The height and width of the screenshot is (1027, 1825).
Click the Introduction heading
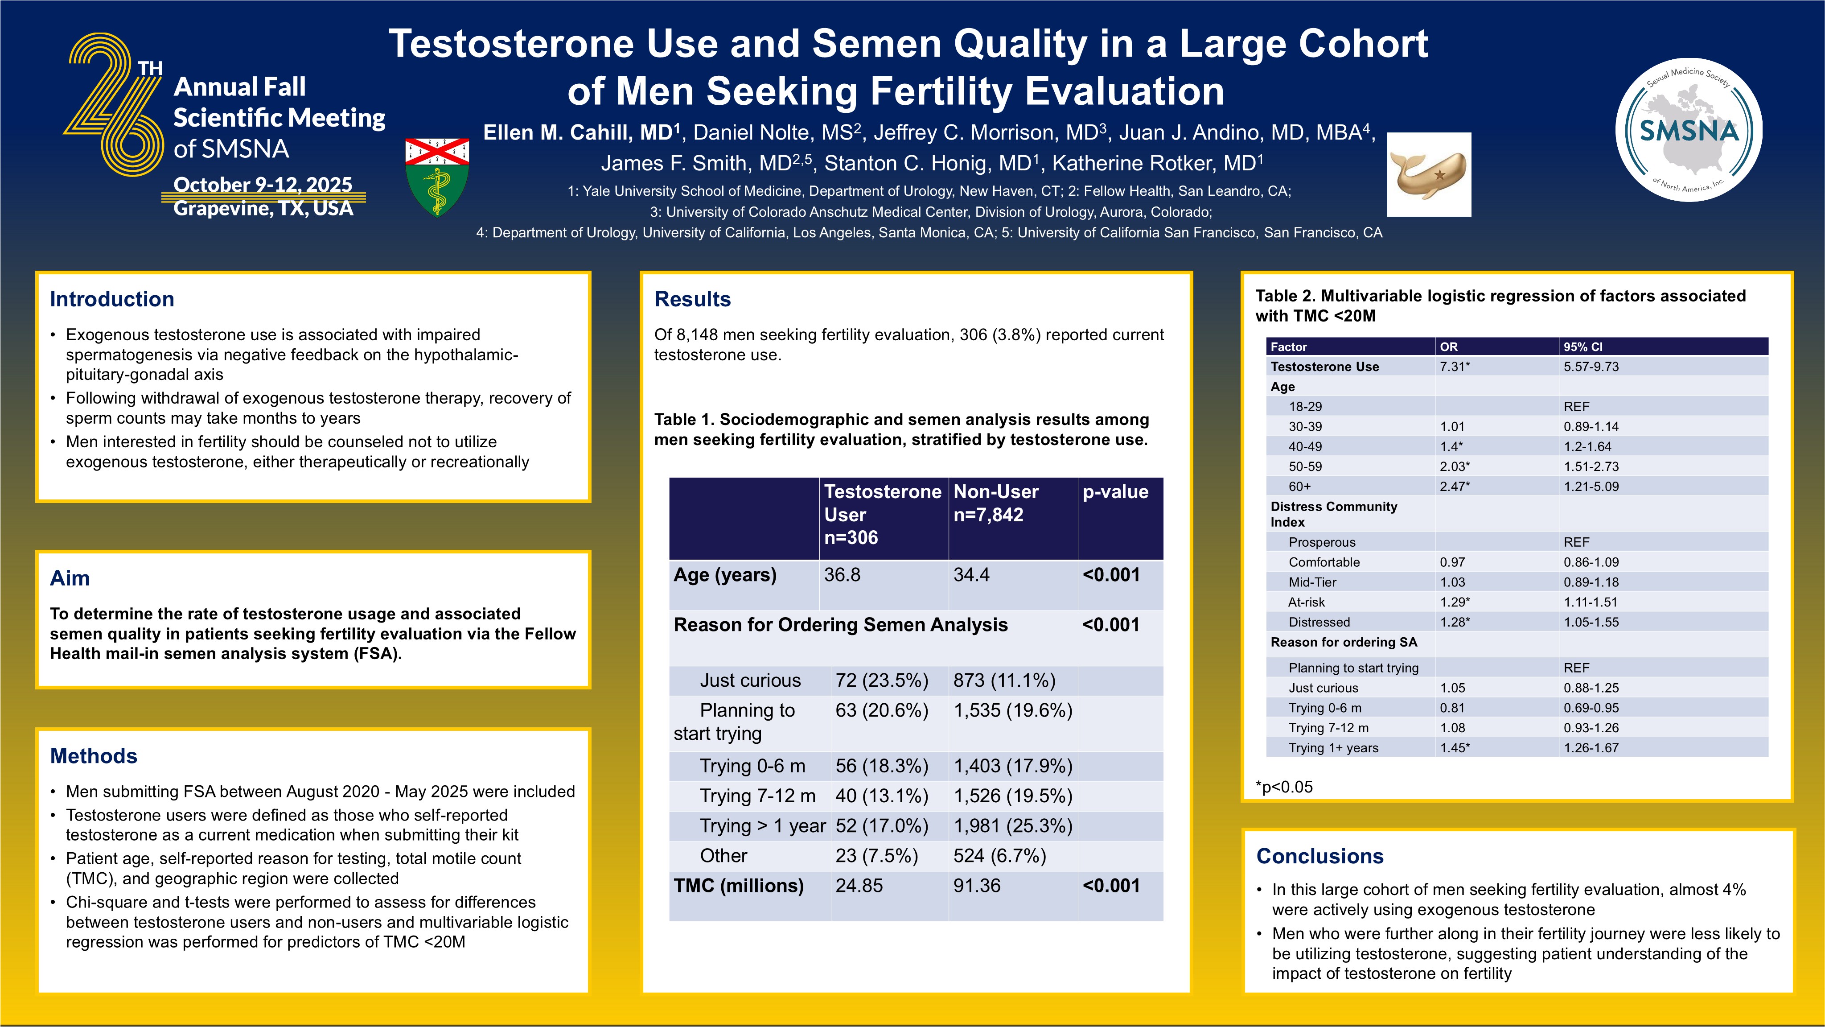112,299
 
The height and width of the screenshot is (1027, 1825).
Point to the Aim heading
70,578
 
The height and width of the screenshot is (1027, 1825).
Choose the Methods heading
94,756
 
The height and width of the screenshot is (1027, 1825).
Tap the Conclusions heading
1319,856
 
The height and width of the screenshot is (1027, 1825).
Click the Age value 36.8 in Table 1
842,575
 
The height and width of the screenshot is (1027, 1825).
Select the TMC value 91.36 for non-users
977,886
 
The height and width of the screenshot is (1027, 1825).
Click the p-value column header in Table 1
1115,492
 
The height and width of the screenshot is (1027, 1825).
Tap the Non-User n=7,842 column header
995,503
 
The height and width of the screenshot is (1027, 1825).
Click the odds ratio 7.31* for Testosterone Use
1455,367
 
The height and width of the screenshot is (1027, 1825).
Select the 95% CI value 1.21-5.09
1591,486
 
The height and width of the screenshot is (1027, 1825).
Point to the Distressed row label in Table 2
1319,622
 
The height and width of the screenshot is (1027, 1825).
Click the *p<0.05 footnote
1284,787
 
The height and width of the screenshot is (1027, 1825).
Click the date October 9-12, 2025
263,184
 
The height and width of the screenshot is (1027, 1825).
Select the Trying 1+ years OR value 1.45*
1455,748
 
